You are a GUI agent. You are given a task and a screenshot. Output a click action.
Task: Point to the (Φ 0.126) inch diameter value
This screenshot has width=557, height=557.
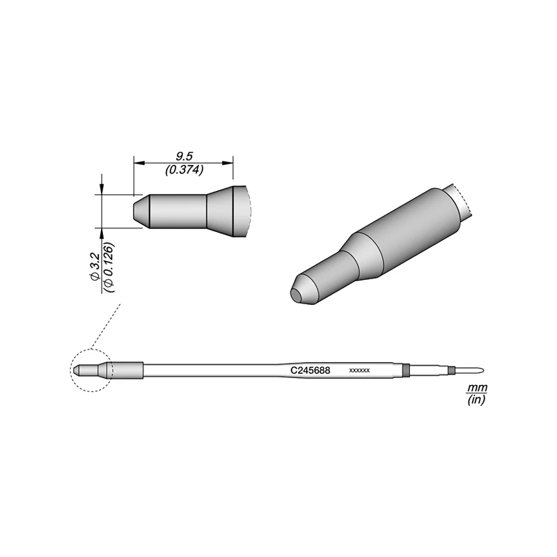click(x=109, y=267)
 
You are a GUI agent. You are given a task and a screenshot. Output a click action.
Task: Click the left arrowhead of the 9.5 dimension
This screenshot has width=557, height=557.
click(x=137, y=163)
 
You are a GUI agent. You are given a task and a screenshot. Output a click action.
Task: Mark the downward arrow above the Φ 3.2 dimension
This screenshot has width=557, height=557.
click(x=102, y=189)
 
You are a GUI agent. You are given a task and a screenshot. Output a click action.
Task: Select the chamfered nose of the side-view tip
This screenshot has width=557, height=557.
click(x=139, y=210)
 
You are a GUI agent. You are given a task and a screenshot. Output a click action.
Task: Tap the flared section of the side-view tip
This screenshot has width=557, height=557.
click(x=226, y=211)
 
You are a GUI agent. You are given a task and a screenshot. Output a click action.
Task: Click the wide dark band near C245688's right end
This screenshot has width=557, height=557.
click(x=405, y=370)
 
